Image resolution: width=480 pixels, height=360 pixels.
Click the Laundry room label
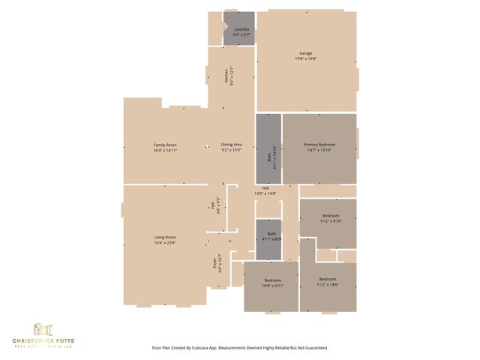pos(241,29)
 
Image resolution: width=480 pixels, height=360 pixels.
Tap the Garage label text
pos(306,53)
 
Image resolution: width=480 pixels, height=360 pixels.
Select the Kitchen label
pos(225,76)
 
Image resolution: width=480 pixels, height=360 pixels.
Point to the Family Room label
pos(165,145)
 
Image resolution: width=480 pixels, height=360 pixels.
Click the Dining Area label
pos(231,145)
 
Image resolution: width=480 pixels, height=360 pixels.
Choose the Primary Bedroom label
pos(319,145)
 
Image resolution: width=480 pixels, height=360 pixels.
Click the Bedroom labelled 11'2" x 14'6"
pos(328,280)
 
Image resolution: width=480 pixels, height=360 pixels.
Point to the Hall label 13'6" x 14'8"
pos(265,188)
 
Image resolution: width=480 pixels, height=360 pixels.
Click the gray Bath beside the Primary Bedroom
pos(269,157)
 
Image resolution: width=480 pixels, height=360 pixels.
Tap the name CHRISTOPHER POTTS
pos(43,343)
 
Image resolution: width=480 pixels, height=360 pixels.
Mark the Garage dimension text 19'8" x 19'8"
pos(306,58)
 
